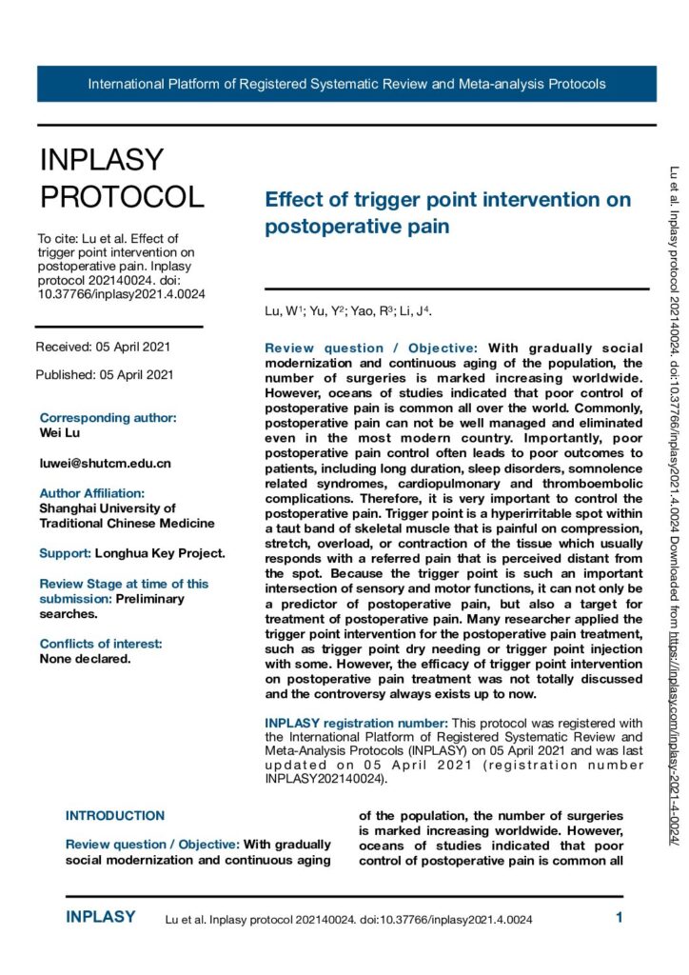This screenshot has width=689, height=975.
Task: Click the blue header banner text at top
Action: [346, 84]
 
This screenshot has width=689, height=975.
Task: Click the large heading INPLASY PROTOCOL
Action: [121, 178]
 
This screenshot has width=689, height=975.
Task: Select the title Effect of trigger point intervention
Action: [447, 212]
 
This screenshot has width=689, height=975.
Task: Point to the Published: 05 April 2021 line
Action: [105, 374]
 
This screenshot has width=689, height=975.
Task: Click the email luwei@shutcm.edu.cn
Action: [105, 463]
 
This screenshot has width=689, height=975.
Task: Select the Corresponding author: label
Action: [108, 417]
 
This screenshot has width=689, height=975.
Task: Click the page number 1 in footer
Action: [619, 918]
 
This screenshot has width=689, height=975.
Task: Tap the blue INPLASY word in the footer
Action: [101, 917]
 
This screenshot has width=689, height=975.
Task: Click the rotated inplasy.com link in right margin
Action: [675, 733]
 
